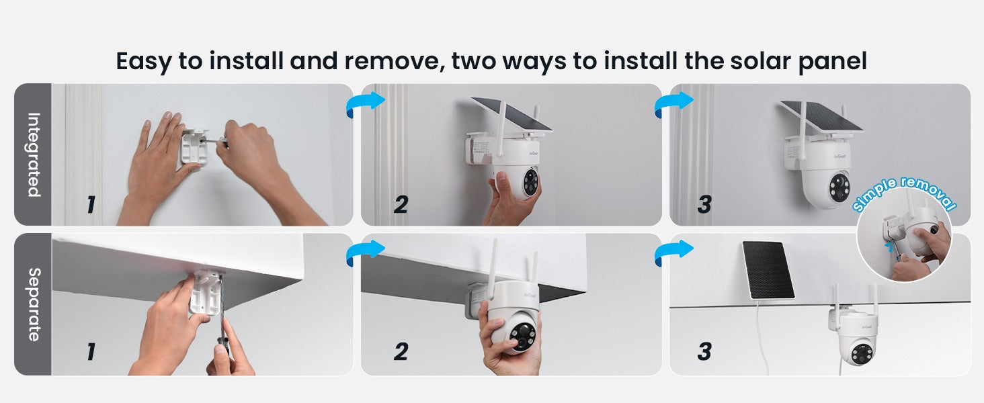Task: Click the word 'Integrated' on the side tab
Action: click(32, 154)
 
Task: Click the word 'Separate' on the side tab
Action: click(32, 304)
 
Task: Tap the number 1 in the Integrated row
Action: click(90, 204)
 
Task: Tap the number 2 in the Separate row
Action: click(401, 351)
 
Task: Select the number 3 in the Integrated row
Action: click(704, 204)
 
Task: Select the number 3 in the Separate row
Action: click(704, 351)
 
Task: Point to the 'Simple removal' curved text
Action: click(904, 192)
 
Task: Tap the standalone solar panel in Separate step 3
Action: click(768, 269)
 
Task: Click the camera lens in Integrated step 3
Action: click(839, 185)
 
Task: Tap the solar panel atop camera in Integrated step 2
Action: click(511, 114)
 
